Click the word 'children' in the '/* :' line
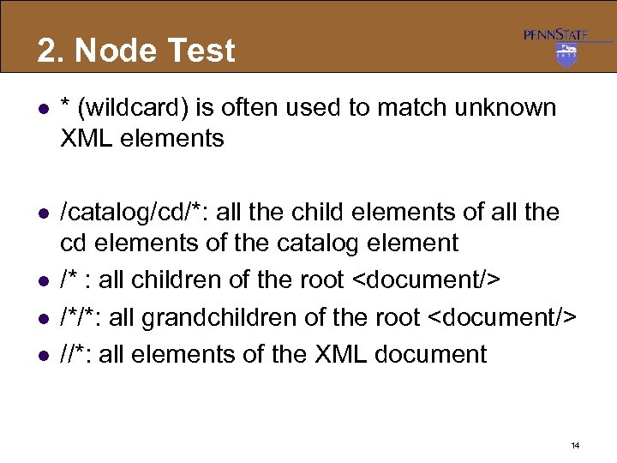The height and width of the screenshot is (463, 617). (178, 280)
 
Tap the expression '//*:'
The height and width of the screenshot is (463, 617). (77, 354)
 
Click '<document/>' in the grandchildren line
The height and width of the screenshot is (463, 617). (502, 317)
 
